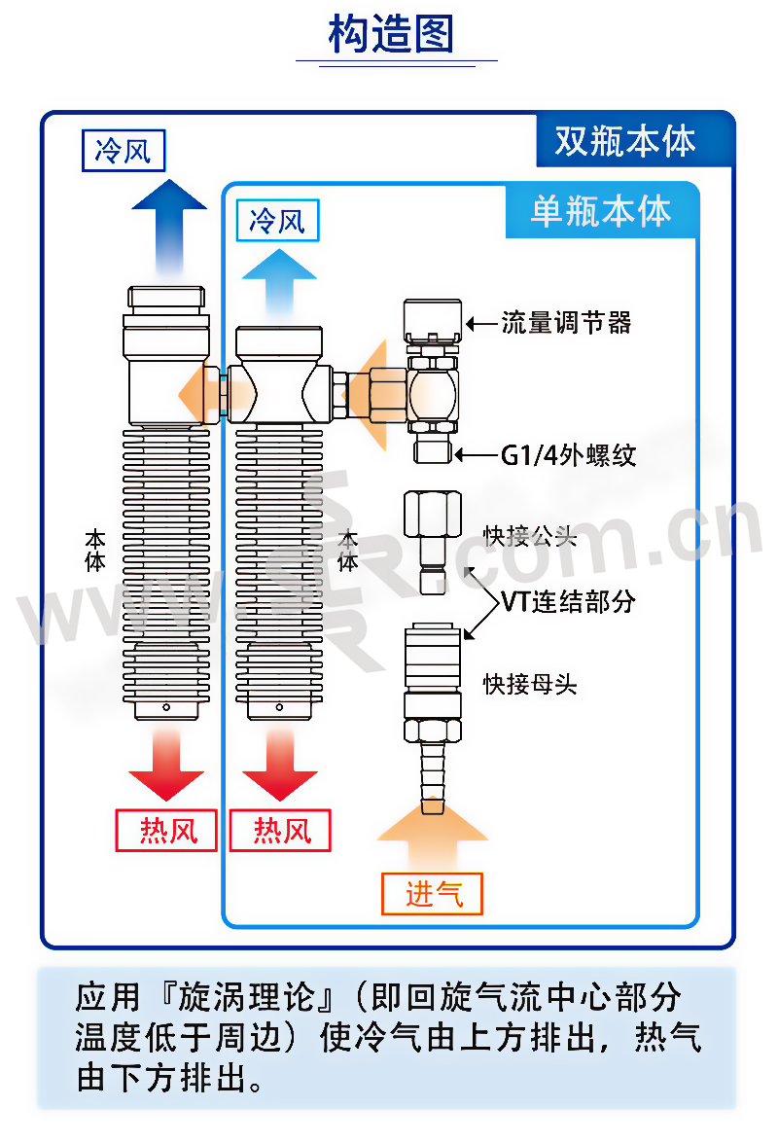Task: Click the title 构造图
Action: point(391,34)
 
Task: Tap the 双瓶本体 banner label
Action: point(625,142)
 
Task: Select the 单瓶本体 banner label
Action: point(601,211)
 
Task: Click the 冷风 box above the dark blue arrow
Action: point(124,152)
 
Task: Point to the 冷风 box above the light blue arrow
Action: point(278,220)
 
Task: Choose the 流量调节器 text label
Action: point(566,323)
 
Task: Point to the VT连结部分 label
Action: point(569,601)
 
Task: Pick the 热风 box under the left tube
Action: point(166,831)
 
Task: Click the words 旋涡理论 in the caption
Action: point(257,998)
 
